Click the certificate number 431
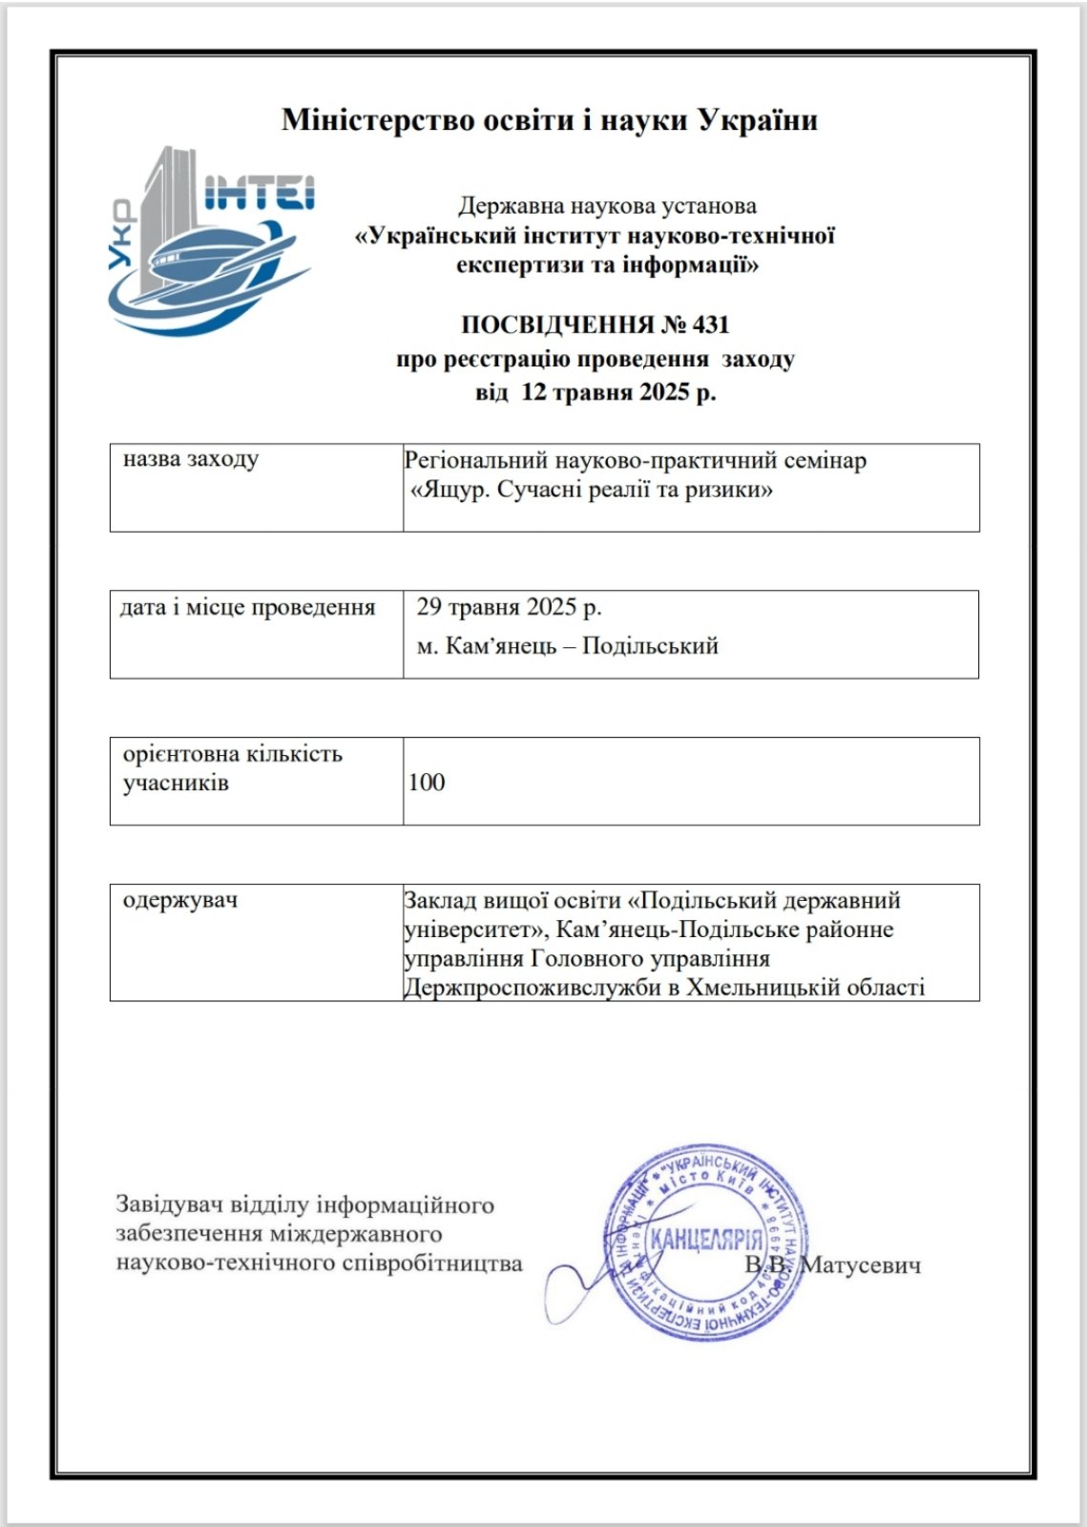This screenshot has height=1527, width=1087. click(x=711, y=325)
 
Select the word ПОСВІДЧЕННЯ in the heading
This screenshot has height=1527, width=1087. click(x=557, y=325)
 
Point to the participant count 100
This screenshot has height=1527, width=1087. click(x=427, y=783)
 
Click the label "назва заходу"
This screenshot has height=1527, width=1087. click(x=191, y=459)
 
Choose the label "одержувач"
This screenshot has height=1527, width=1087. click(x=180, y=900)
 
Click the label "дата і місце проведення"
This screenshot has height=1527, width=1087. click(x=247, y=608)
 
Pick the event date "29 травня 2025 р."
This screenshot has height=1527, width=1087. click(x=509, y=608)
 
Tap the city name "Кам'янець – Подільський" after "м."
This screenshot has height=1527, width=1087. click(x=582, y=646)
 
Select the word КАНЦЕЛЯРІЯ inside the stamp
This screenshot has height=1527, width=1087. click(x=706, y=1240)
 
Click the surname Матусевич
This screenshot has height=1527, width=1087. click(x=861, y=1266)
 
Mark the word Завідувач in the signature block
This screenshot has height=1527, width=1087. click(x=168, y=1205)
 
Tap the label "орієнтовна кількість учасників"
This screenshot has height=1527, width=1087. click(x=232, y=768)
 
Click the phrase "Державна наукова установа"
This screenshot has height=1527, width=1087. click(x=608, y=206)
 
